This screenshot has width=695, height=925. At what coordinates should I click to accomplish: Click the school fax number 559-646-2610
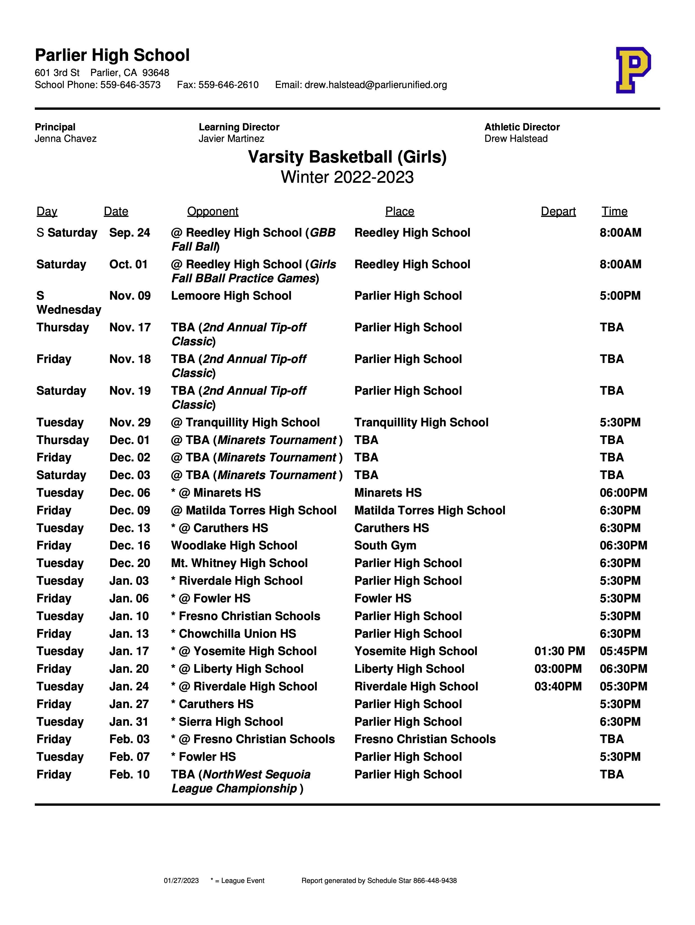pyautogui.click(x=228, y=85)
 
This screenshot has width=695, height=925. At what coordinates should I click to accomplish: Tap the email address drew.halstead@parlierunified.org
pyautogui.click(x=375, y=85)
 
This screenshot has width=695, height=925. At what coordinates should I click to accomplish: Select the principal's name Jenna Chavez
pyautogui.click(x=66, y=138)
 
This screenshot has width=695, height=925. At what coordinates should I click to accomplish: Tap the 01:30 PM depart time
pyautogui.click(x=560, y=651)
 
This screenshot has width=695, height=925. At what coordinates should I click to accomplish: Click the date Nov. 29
pyautogui.click(x=130, y=422)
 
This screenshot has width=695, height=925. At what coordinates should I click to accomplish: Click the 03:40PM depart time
pyautogui.click(x=558, y=686)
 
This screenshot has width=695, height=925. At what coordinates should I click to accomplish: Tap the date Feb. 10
pyautogui.click(x=129, y=774)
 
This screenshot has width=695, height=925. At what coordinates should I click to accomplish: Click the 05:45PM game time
pyautogui.click(x=623, y=651)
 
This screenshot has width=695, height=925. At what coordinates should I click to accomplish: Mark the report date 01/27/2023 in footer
pyautogui.click(x=181, y=881)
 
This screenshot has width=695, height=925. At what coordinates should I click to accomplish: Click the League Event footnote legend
pyautogui.click(x=237, y=881)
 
